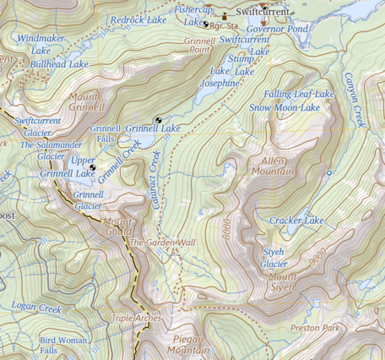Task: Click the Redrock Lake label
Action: point(138,19)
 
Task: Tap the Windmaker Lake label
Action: point(40,45)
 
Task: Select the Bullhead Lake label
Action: point(59,64)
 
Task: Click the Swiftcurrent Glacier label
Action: point(38,127)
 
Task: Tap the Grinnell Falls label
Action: point(106,134)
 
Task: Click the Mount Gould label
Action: point(118,227)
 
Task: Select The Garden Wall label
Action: point(161,243)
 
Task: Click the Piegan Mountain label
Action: point(187,344)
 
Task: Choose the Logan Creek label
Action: point(37,308)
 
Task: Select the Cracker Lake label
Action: point(296,221)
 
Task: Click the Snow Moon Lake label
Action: point(285,107)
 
